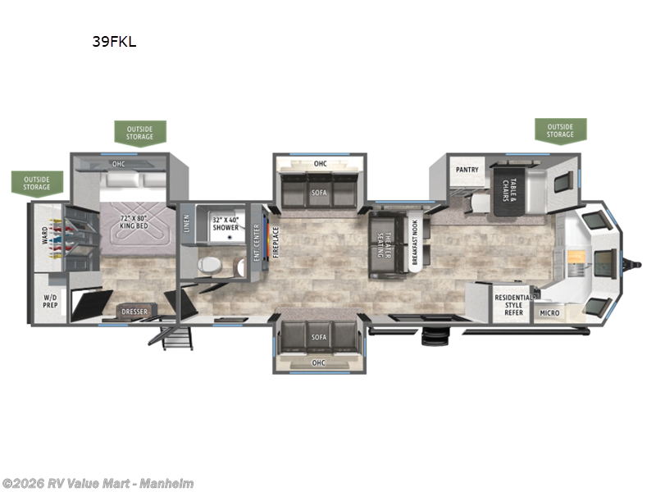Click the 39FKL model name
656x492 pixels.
114,43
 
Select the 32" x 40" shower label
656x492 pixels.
225,222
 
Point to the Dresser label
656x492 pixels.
134,312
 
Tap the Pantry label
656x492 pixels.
467,170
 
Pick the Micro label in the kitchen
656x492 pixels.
550,313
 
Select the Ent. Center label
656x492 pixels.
257,244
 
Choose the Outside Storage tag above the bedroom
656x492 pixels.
139,131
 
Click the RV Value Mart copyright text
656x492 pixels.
98,483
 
